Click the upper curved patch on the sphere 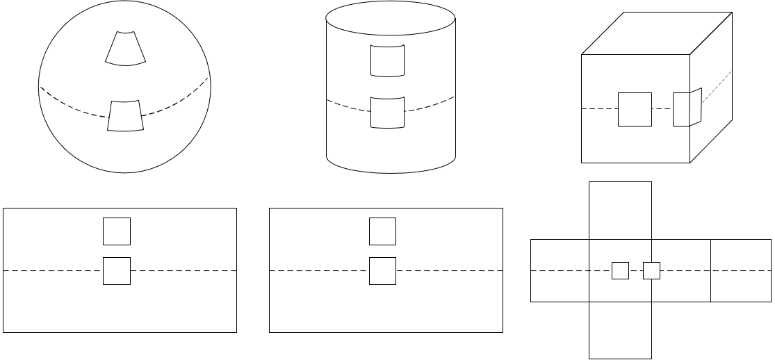pos(126,48)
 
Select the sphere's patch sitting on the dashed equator pos(126,116)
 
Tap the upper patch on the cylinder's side pos(387,60)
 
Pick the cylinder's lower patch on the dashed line pos(387,112)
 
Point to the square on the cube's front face pos(635,109)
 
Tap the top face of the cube pos(657,33)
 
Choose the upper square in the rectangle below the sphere pos(117,231)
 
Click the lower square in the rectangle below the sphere pos(117,270)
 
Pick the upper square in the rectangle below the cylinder pos(382,231)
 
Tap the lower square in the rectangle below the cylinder pos(382,270)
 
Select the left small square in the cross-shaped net pos(620,270)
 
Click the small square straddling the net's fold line pos(651,270)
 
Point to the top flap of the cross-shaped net pos(620,209)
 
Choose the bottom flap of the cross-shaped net pos(620,330)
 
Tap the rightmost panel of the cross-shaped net pos(740,270)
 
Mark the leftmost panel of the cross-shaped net pos(560,270)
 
